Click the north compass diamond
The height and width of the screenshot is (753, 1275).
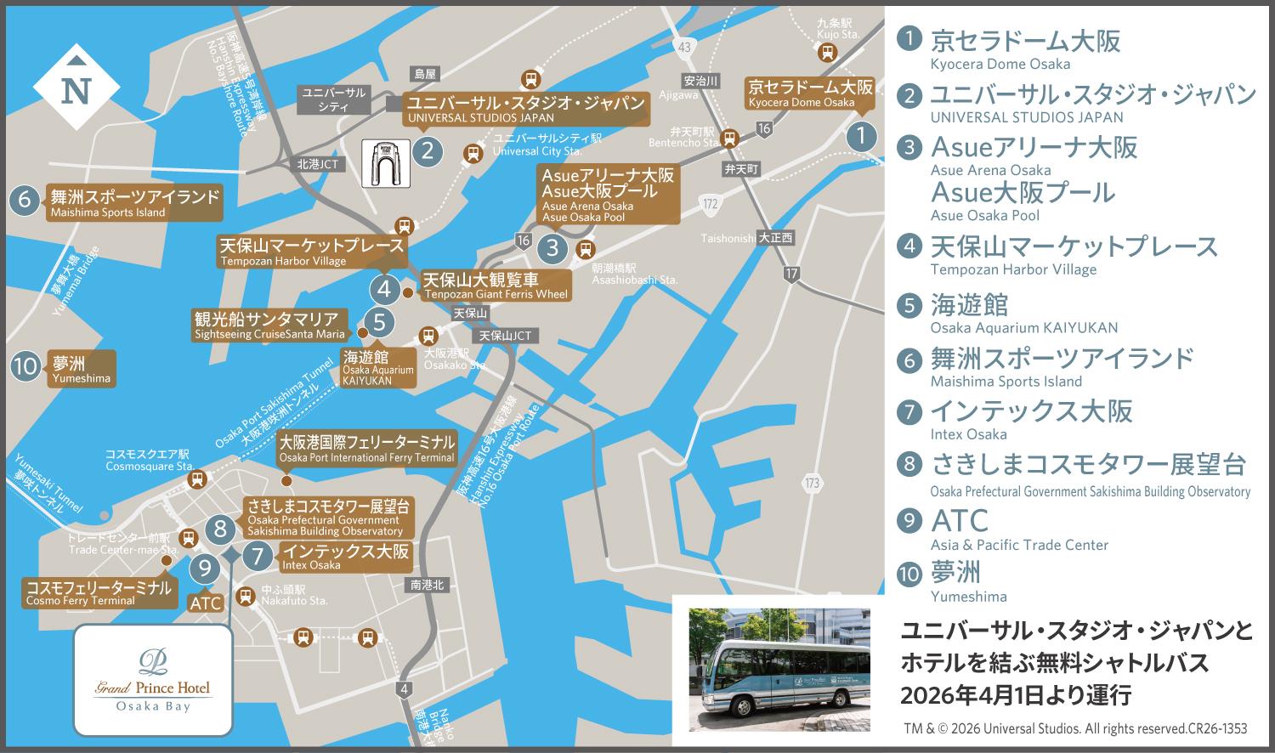[76, 88]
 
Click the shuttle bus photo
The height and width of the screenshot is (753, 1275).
[779, 669]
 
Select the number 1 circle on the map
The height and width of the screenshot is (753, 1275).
[862, 136]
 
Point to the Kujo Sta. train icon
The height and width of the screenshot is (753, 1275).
[825, 53]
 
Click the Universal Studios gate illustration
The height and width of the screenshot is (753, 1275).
[387, 162]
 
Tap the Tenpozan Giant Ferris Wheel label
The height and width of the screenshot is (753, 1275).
[495, 286]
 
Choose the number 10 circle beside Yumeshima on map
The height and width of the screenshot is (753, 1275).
[26, 367]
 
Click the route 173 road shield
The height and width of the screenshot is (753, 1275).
[812, 484]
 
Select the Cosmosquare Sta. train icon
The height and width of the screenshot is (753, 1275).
[197, 479]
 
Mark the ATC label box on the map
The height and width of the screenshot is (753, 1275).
[206, 603]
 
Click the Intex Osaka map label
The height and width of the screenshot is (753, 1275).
[345, 557]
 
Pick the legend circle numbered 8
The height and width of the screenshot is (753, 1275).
[910, 464]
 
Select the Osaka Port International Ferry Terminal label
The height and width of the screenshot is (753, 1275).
[366, 449]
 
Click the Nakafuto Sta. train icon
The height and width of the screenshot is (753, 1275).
[246, 596]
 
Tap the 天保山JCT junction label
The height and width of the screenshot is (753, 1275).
[506, 336]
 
